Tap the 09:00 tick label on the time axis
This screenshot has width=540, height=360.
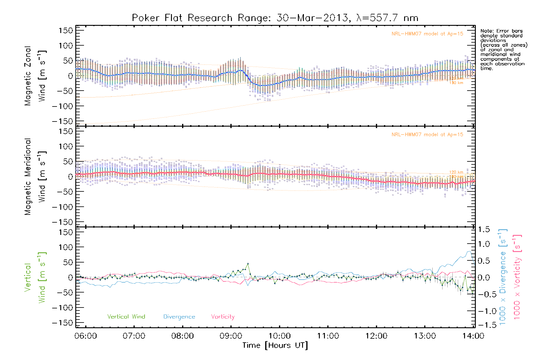231,336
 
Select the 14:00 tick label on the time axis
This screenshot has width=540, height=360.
473,336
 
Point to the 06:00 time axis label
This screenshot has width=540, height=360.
86,336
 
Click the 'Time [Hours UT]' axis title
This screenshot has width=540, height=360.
275,346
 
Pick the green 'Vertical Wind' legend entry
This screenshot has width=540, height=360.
126,317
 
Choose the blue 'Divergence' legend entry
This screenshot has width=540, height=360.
179,317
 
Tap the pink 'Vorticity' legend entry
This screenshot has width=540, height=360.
223,317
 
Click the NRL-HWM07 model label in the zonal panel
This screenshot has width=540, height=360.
427,34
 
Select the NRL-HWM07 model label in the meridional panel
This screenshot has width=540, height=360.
427,135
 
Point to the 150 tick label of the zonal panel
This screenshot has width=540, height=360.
66,31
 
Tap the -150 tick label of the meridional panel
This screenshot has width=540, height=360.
62,222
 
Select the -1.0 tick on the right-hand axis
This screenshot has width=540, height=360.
484,311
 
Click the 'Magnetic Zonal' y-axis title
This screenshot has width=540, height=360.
28,76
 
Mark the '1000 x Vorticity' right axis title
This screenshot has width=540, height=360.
517,277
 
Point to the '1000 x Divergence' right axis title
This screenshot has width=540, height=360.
503,277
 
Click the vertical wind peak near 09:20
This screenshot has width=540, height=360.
248,264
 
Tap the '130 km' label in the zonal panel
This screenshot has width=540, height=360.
456,83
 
